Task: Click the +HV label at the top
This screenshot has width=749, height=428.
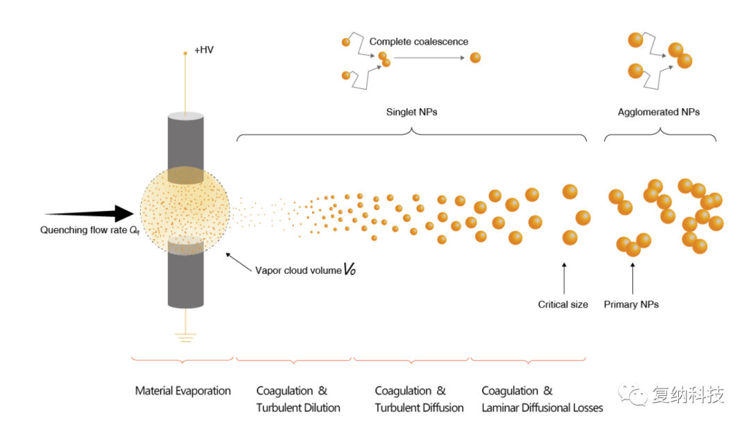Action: pyautogui.click(x=204, y=51)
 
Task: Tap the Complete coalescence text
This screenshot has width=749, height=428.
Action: pyautogui.click(x=418, y=42)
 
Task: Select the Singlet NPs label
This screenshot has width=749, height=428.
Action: pyautogui.click(x=412, y=112)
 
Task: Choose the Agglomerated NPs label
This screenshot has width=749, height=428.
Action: pyautogui.click(x=659, y=112)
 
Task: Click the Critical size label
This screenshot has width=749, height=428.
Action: pyautogui.click(x=563, y=305)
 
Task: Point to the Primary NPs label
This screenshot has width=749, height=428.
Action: pyautogui.click(x=631, y=305)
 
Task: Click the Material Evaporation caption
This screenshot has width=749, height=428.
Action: pyautogui.click(x=183, y=391)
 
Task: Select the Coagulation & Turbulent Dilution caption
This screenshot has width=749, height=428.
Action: pyautogui.click(x=298, y=400)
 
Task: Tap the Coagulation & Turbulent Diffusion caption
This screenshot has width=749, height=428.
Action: pyautogui.click(x=419, y=400)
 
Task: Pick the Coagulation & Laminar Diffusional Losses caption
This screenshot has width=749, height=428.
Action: pyautogui.click(x=542, y=400)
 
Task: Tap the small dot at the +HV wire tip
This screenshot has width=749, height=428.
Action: pyautogui.click(x=185, y=53)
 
